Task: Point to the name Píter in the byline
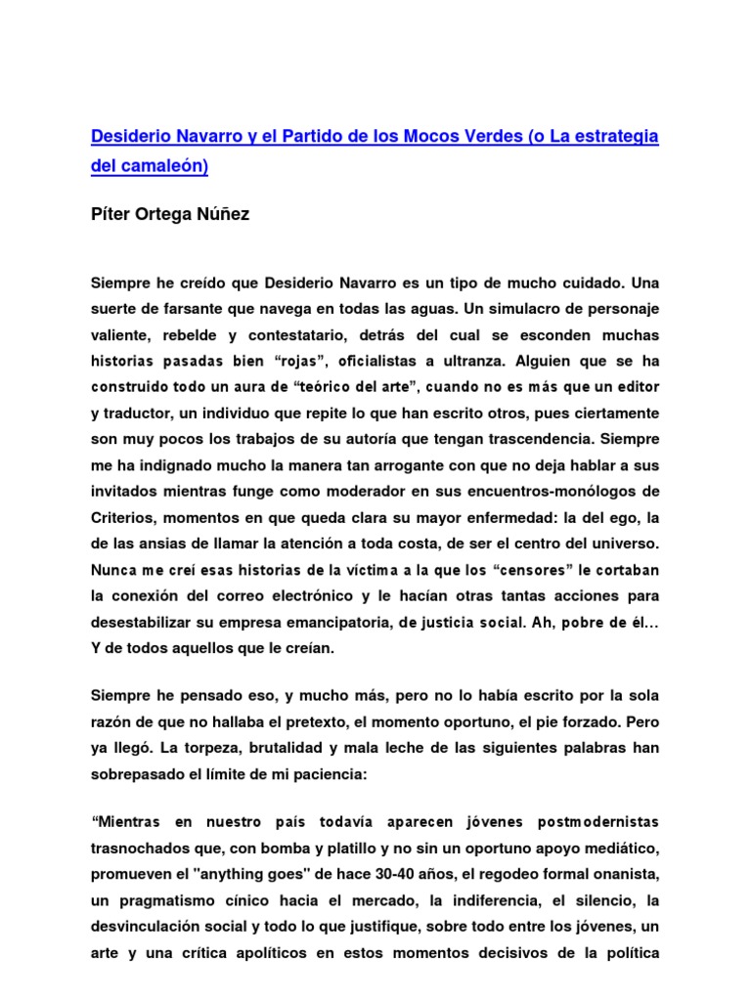point(110,214)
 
